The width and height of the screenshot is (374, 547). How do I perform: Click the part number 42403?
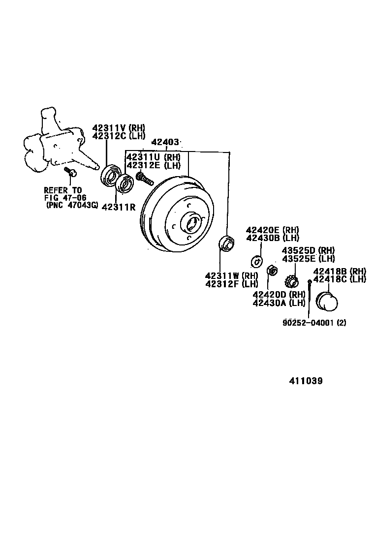[165, 143]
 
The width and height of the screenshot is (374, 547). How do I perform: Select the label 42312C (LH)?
[119, 136]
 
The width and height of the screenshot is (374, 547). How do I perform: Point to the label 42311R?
[118, 207]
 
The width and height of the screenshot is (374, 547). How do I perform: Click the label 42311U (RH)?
[154, 157]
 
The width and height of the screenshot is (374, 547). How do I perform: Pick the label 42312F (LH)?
[232, 283]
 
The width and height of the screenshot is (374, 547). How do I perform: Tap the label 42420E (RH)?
[273, 230]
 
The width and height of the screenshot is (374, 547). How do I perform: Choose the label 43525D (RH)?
[308, 250]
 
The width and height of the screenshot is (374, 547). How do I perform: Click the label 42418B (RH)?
[340, 271]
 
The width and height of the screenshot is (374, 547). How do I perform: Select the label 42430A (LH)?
[279, 303]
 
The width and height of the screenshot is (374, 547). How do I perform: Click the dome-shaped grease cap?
[327, 302]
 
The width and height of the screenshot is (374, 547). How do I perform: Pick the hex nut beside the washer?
[271, 271]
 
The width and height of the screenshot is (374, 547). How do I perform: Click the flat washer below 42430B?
[256, 261]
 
